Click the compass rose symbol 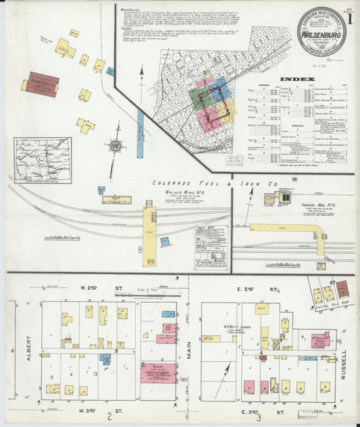coord(116,145)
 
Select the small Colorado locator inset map coord(43,160)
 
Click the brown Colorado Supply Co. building coord(42,84)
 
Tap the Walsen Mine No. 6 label coord(165,192)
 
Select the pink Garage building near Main coord(159,372)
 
